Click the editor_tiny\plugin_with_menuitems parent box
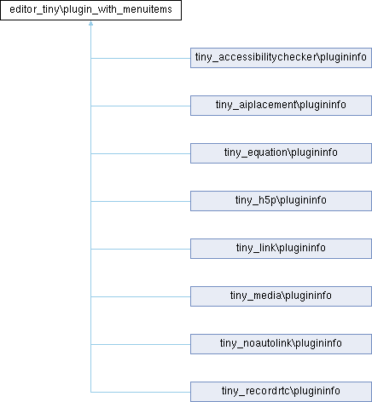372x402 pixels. pyautogui.click(x=90, y=10)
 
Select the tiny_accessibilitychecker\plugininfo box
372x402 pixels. pyautogui.click(x=281, y=58)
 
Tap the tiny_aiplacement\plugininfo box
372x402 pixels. pyautogui.click(x=281, y=106)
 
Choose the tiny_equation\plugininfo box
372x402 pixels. pyautogui.click(x=281, y=153)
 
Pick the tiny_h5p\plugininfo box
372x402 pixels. pyautogui.click(x=281, y=201)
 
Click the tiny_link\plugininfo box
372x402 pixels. pyautogui.click(x=281, y=249)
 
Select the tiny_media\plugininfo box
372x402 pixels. pyautogui.click(x=281, y=296)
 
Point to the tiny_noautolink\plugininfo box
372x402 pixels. pyautogui.click(x=281, y=344)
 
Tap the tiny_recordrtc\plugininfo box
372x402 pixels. pyautogui.click(x=281, y=392)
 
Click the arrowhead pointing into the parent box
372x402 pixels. pyautogui.click(x=90, y=23)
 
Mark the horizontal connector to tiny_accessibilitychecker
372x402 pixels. pyautogui.click(x=141, y=58)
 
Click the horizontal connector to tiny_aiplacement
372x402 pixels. pyautogui.click(x=141, y=106)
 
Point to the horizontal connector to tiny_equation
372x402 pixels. pyautogui.click(x=141, y=153)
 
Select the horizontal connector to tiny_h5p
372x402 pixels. pyautogui.click(x=141, y=201)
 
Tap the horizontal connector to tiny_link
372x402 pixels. pyautogui.click(x=141, y=249)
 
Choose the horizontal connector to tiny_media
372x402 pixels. pyautogui.click(x=141, y=296)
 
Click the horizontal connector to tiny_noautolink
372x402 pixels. pyautogui.click(x=141, y=344)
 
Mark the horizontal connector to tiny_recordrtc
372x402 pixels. pyautogui.click(x=141, y=392)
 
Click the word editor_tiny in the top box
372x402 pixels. pyautogui.click(x=35, y=9)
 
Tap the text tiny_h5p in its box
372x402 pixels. pyautogui.click(x=256, y=200)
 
